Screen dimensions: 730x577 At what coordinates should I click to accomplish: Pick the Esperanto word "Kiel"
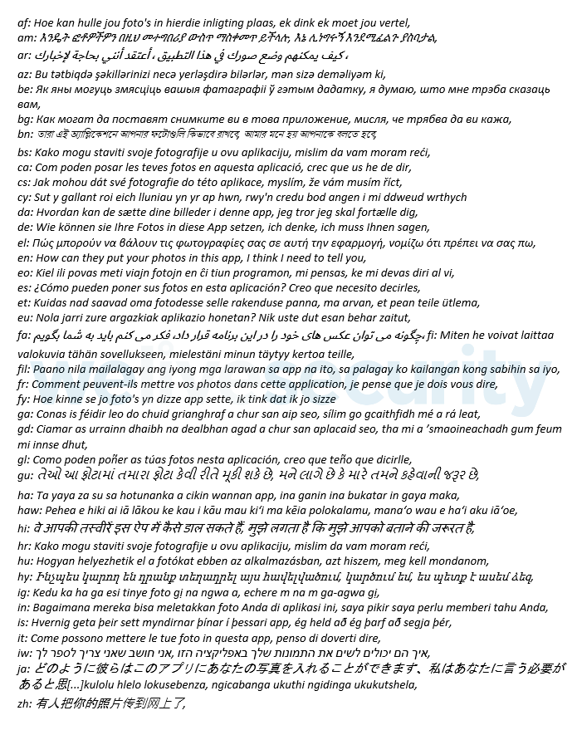click(45, 272)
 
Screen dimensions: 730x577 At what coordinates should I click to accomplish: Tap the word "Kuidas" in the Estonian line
click(51, 303)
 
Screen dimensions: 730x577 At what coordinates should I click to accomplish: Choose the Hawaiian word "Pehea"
click(61, 510)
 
